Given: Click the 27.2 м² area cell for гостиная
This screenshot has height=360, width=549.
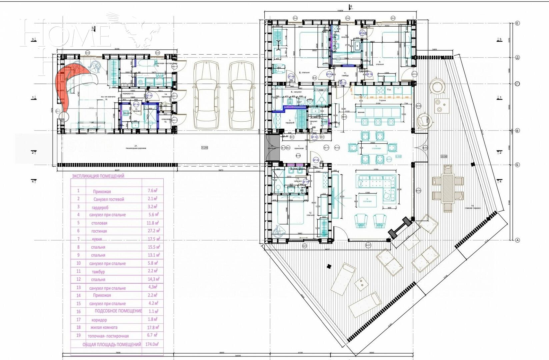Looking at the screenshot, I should click(x=153, y=231).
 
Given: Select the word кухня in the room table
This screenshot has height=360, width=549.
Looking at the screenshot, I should click(x=97, y=239).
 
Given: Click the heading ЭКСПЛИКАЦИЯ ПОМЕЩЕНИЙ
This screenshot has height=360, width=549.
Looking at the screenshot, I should click(x=98, y=176).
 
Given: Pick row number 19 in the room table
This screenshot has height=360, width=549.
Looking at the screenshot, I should click(x=78, y=335).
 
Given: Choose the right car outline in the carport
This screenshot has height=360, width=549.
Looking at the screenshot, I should click(x=241, y=95).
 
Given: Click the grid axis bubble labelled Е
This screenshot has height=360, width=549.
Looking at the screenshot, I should click(x=517, y=23).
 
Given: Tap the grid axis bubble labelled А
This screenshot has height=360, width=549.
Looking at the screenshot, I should click(x=517, y=240).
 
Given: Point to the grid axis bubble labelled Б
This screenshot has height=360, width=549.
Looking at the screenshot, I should click(x=517, y=165).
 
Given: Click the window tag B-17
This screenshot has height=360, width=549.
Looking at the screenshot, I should click(x=368, y=246).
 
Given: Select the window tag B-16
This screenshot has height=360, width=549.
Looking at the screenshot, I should click(x=419, y=191).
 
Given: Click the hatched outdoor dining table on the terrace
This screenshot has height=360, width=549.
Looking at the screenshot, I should click(x=448, y=188).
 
